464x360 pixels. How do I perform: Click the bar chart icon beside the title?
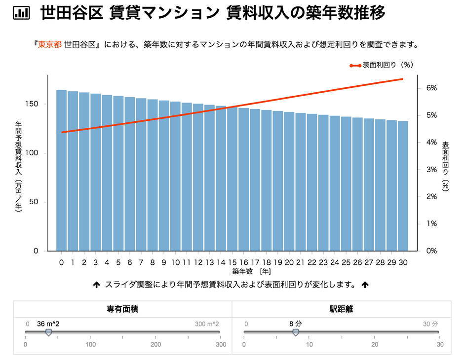click(21, 13)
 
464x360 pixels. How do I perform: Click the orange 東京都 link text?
click(50, 44)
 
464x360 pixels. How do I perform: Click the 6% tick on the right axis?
click(431, 88)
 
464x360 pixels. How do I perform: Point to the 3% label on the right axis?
click(431, 170)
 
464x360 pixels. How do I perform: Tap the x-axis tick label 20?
click(289, 262)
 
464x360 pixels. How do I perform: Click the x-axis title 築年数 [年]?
click(251, 271)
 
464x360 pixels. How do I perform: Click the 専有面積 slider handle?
click(48, 333)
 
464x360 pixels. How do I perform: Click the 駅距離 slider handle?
click(295, 333)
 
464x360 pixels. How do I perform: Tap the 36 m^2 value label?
click(48, 324)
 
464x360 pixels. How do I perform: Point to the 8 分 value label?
click(295, 324)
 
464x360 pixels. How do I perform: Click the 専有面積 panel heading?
click(122, 310)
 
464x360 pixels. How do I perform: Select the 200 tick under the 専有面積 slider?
click(155, 344)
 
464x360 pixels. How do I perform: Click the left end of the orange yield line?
click(62, 132)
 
